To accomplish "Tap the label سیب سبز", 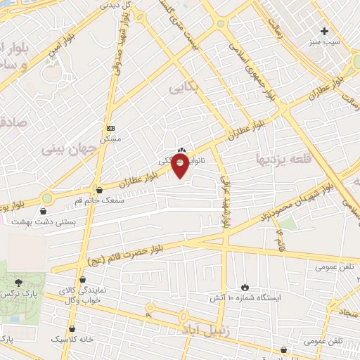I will click(x=324, y=41).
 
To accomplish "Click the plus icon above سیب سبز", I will click(x=324, y=31).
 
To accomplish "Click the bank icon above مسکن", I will click(x=110, y=128).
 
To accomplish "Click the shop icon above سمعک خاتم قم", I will click(x=98, y=190).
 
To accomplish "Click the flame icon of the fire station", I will click(x=244, y=287).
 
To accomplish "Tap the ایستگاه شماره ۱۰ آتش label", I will click(x=244, y=298).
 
